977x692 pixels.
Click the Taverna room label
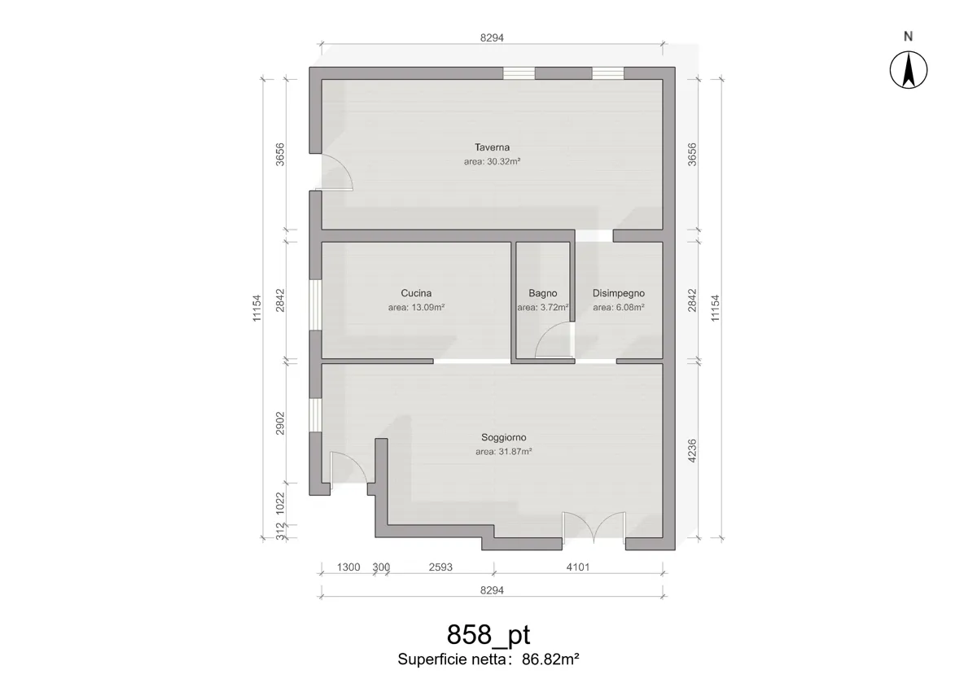492,147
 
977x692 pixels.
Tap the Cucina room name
416,293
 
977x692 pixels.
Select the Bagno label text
542,293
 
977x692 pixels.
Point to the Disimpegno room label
619,293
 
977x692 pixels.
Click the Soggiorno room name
504,437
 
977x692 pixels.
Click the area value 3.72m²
554,308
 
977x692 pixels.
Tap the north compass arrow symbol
909,70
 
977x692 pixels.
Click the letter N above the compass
909,36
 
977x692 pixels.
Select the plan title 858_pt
488,634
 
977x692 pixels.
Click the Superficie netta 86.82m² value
550,659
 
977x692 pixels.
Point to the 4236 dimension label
692,451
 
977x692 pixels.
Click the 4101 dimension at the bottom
578,567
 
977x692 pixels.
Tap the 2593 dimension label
440,567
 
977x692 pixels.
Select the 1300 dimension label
348,567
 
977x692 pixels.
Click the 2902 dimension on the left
280,423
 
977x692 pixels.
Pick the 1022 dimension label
280,503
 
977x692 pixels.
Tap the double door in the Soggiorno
594,528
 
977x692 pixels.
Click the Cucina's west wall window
315,304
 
